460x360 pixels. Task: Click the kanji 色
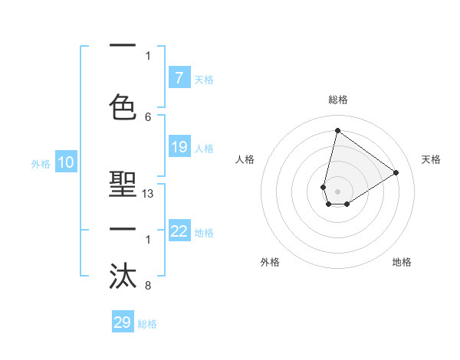point(123,106)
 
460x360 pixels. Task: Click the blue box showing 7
point(179,78)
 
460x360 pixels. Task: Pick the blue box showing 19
point(179,147)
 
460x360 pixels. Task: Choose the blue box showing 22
point(179,231)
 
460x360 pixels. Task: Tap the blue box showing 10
point(65,162)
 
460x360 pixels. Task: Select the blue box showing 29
point(123,322)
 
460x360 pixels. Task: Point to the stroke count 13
point(148,194)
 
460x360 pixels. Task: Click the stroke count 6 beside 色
point(148,116)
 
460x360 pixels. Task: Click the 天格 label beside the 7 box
point(203,79)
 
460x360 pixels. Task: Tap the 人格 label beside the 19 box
point(203,148)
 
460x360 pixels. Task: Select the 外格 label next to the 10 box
point(41,163)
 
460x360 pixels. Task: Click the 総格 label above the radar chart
point(337,100)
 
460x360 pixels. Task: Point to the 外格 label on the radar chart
point(270,262)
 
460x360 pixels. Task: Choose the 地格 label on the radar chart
point(402,262)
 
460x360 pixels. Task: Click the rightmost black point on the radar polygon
point(396,172)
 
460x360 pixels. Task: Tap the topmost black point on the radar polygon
point(337,130)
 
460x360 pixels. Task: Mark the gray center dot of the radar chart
point(337,191)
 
